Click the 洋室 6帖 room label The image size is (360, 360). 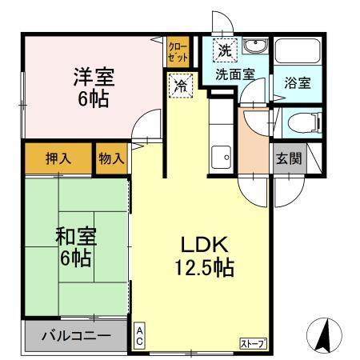(94, 87)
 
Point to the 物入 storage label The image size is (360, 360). (111, 158)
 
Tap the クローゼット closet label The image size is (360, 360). (177, 54)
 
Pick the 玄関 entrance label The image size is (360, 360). (289, 158)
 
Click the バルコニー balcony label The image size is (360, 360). (75, 335)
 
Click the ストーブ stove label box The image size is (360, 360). (253, 344)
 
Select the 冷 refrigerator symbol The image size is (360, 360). (182, 85)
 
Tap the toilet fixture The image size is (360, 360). (301, 122)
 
